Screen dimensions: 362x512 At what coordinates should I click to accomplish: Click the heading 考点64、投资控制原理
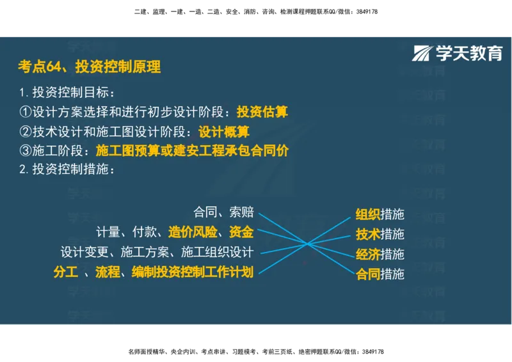90,66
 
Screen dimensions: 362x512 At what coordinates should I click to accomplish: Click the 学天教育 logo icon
423,53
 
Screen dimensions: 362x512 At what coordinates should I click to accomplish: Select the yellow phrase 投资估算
262,112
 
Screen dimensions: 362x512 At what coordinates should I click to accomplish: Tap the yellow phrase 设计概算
224,132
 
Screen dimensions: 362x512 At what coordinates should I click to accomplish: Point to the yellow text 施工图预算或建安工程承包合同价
192,151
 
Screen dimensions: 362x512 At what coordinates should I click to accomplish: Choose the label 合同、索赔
223,212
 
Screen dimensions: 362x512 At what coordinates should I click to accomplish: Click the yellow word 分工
65,272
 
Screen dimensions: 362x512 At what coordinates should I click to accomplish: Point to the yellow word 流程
108,272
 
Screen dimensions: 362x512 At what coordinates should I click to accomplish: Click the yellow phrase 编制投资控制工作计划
193,272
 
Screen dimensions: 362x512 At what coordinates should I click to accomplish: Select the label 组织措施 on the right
380,214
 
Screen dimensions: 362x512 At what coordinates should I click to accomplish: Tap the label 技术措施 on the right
380,234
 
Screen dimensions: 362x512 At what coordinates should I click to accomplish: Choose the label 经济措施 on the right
380,254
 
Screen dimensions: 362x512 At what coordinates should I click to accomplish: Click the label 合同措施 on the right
380,274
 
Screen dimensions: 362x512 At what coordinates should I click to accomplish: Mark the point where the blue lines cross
308,244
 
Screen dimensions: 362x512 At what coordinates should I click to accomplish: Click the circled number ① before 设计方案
25,112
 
